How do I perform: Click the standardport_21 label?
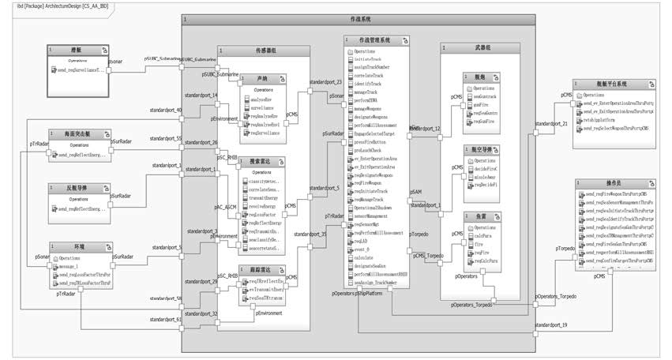click(551, 124)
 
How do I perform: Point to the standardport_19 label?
click(551, 325)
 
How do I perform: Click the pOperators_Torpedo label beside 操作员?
click(556, 296)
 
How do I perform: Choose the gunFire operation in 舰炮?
click(484, 103)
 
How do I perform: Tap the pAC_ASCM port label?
click(224, 207)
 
